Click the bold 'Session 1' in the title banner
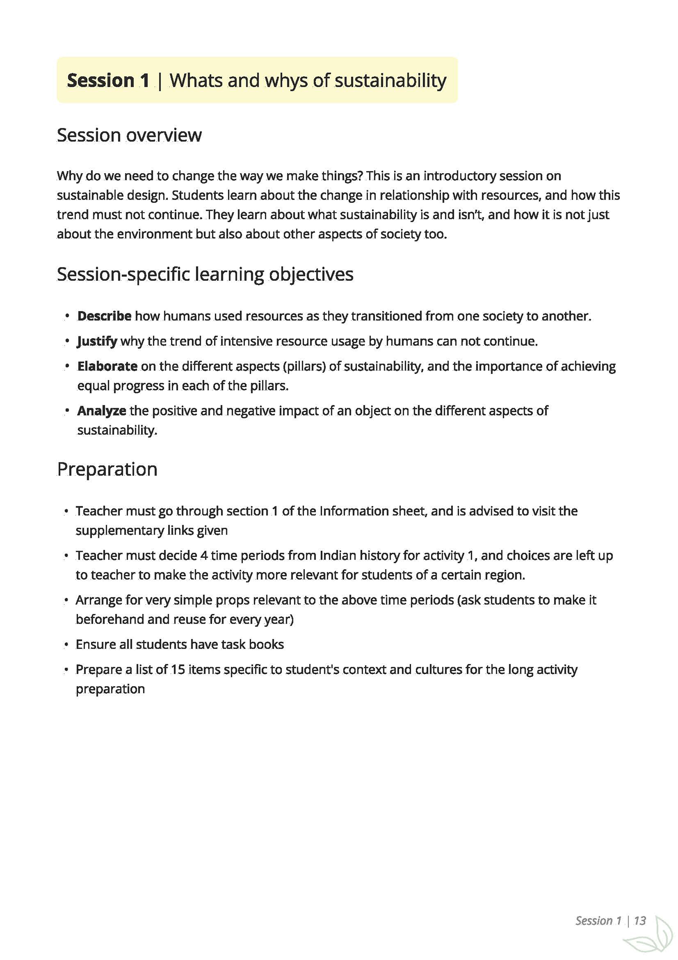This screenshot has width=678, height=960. [108, 80]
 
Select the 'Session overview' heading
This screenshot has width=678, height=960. [129, 135]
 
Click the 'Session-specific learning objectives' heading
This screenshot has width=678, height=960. [205, 274]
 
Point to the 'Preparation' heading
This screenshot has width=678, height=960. [107, 469]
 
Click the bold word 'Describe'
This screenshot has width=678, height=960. [104, 316]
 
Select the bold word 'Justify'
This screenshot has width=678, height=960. [97, 341]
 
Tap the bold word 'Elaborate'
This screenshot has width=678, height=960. [107, 366]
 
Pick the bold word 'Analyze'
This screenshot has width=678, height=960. [102, 411]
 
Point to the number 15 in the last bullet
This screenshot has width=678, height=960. [178, 669]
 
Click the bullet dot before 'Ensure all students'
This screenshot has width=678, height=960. [66, 644]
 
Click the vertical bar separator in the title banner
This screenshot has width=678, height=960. [160, 80]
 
